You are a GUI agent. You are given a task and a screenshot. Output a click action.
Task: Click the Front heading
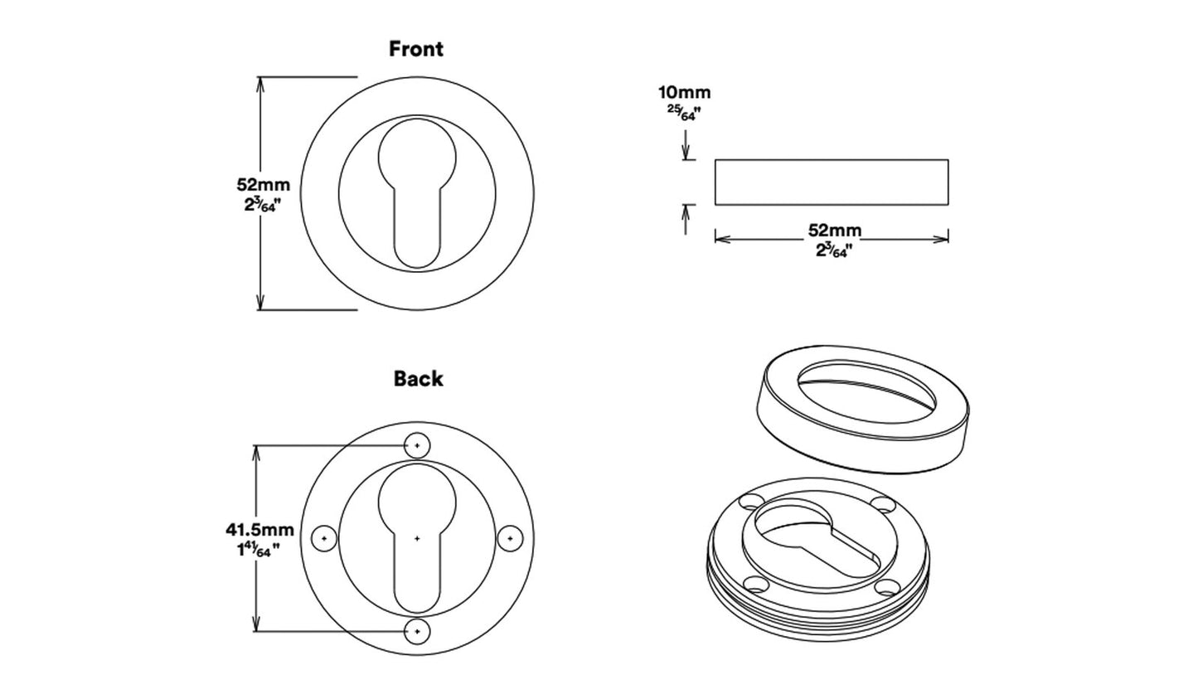[x=416, y=49]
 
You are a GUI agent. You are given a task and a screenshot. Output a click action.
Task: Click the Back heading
[x=418, y=379]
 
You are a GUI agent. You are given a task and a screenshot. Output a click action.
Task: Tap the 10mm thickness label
[x=684, y=93]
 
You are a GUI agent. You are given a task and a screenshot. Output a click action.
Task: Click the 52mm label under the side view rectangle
[x=834, y=231]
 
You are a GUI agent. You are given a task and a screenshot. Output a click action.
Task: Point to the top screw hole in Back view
[x=417, y=446]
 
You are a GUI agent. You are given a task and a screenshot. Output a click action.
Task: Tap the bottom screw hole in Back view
[x=417, y=632]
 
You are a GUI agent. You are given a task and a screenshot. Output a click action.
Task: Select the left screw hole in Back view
[x=324, y=538]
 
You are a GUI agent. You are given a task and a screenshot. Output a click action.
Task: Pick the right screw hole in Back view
[x=510, y=538]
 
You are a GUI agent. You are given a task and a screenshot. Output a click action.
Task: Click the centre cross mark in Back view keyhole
[x=417, y=539]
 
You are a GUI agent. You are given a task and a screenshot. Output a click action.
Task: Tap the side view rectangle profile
[x=832, y=182]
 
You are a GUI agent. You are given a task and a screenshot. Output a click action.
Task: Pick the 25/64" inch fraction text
[x=685, y=113]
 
